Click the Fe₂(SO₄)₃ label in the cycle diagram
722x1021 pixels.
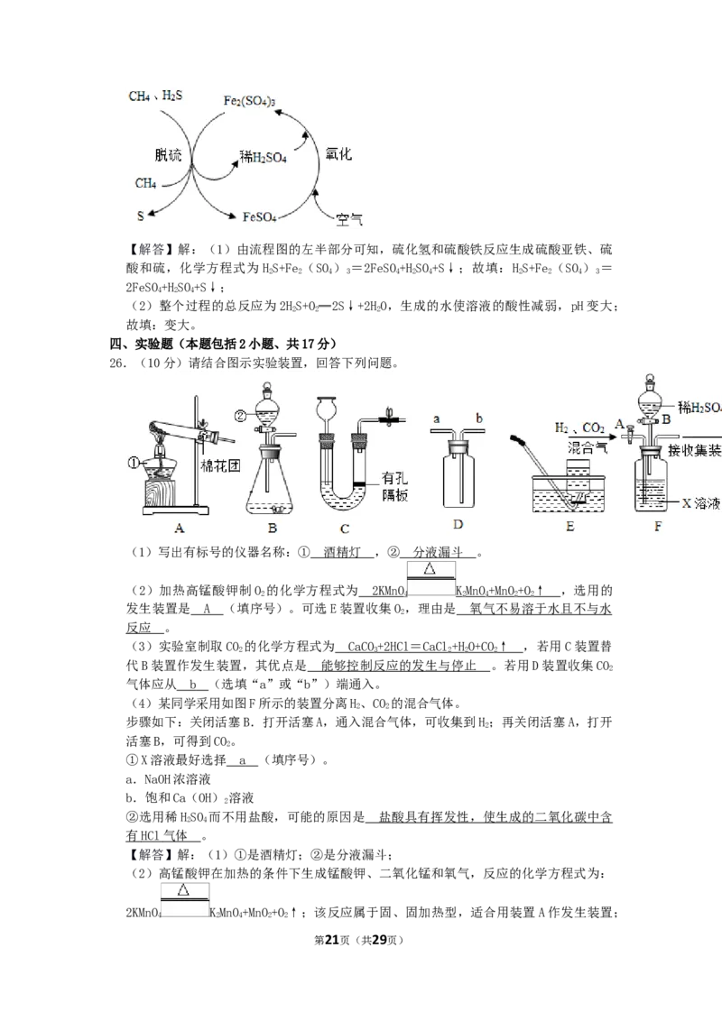click(249, 101)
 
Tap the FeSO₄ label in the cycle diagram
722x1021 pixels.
click(259, 216)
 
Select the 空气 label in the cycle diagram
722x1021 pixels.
click(349, 219)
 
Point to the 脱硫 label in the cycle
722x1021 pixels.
click(168, 155)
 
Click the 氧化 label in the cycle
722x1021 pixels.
click(338, 153)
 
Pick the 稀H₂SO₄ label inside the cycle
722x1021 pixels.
click(264, 157)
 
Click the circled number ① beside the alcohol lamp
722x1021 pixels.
click(134, 464)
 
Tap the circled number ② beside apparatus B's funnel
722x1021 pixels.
click(240, 416)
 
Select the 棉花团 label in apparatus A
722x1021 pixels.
click(220, 466)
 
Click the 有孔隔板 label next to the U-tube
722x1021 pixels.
click(395, 486)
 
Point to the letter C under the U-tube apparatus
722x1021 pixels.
click(345, 529)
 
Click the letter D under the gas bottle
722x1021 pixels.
click(458, 525)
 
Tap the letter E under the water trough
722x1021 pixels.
click(570, 526)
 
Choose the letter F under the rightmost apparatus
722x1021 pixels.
click(658, 526)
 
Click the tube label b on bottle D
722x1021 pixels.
click(479, 418)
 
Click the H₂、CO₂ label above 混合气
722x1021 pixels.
click(579, 428)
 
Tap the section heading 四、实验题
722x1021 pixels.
click(153, 344)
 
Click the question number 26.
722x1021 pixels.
click(118, 363)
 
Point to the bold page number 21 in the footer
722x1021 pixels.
click(332, 940)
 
